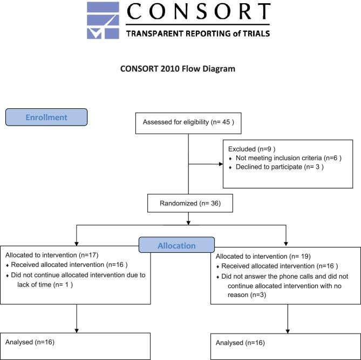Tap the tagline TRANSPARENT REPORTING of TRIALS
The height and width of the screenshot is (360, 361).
point(197,33)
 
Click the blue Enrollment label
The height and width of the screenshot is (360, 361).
point(46,117)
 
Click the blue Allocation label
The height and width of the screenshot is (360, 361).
point(176,245)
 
